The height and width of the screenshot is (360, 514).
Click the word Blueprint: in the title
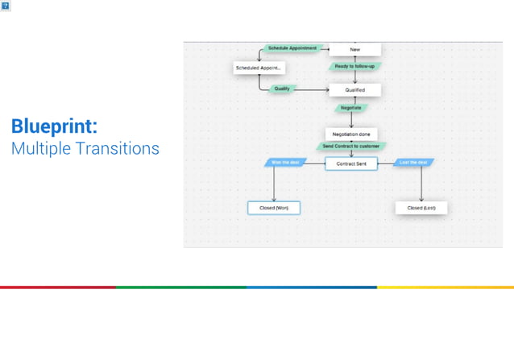pos(54,126)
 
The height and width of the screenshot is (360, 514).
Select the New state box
pos(354,49)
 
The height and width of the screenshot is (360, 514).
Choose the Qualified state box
pos(354,90)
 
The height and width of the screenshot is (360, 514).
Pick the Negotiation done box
pos(350,134)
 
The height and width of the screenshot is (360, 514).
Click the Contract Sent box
pos(350,163)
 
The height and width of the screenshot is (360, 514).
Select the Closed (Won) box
pos(274,208)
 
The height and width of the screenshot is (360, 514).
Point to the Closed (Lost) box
pos(421,208)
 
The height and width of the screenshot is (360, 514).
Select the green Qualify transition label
pos(282,89)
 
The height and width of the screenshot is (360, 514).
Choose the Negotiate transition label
pos(350,107)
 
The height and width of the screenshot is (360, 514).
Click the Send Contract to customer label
pos(350,147)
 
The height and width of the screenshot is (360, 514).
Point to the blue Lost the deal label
pos(414,163)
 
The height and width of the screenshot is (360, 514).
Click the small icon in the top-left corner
pos(6,6)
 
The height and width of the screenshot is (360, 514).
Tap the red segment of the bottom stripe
pos(57,287)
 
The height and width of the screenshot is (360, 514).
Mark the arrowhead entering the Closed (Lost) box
pos(421,200)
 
